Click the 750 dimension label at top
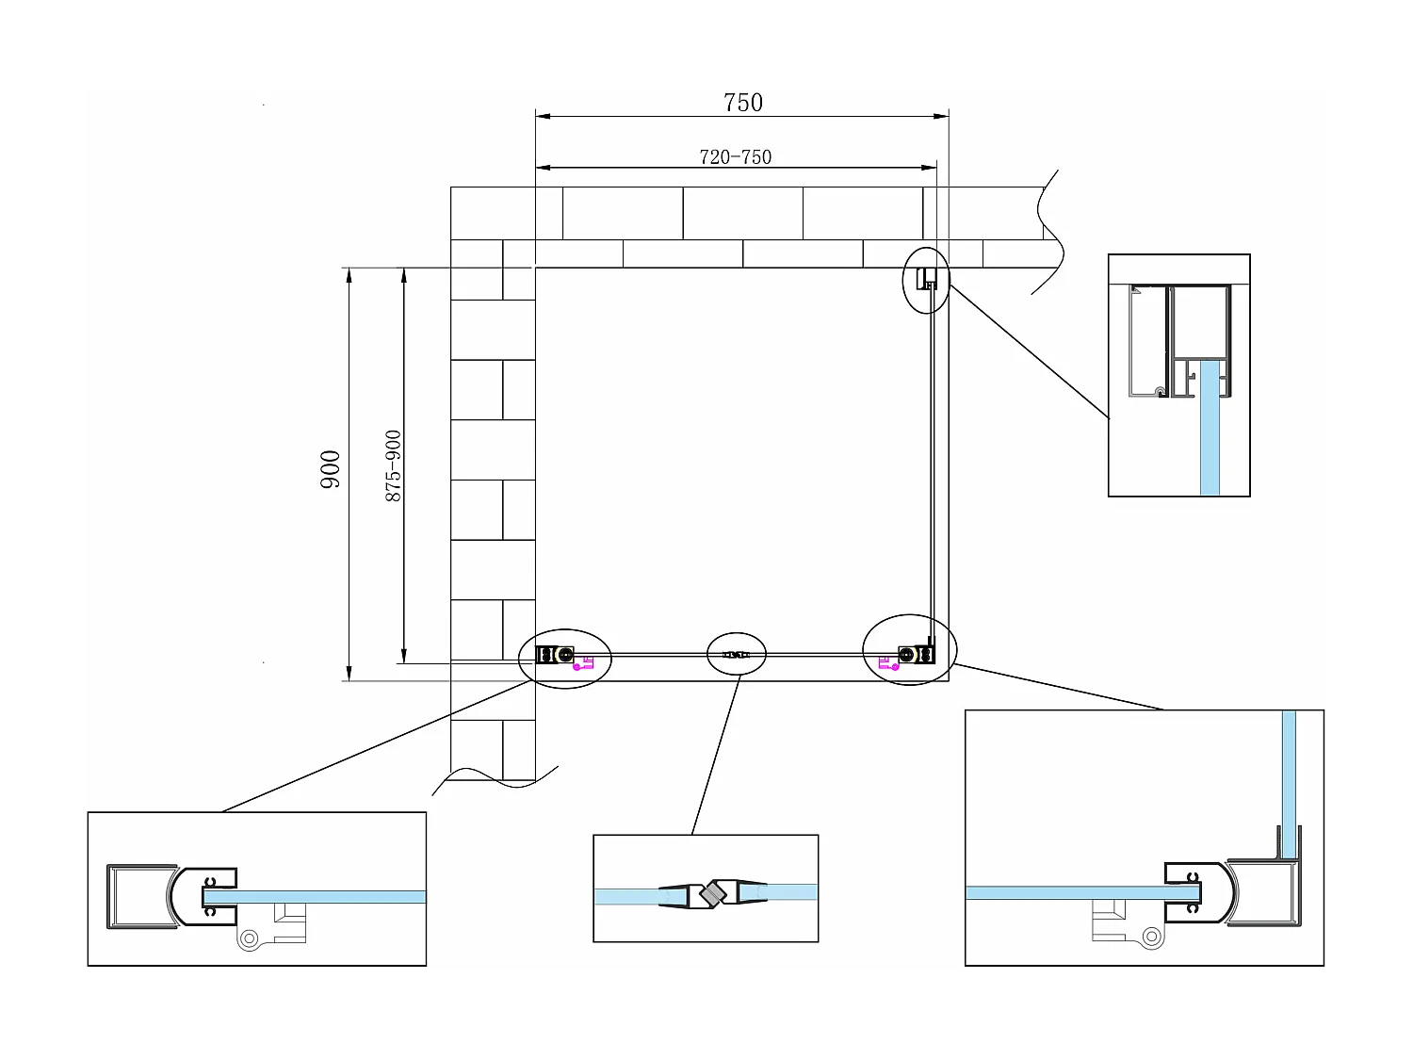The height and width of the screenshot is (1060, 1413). coord(742,102)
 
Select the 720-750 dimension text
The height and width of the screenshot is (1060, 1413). coord(735,157)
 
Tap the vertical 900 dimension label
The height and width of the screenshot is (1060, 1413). coord(331,468)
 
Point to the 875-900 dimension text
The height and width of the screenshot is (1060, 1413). coord(393,465)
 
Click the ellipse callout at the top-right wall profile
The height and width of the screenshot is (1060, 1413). coord(926,279)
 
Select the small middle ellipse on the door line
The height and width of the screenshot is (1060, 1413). coord(737,653)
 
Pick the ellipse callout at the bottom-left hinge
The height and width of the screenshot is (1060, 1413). coord(565,658)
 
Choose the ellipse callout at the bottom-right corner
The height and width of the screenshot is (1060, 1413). coord(910,650)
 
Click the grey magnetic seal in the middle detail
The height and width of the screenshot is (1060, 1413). coord(716,892)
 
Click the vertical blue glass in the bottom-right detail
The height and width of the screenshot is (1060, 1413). coord(1289,782)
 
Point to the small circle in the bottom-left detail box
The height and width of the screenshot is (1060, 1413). coord(250,938)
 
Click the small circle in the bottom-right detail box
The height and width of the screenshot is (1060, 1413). coord(1150,936)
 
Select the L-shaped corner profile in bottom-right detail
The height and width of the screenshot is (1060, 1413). coord(1272,895)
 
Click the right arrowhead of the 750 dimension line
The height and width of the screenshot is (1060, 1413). coord(941,117)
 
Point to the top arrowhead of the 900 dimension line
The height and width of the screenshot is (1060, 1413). coord(349,275)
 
